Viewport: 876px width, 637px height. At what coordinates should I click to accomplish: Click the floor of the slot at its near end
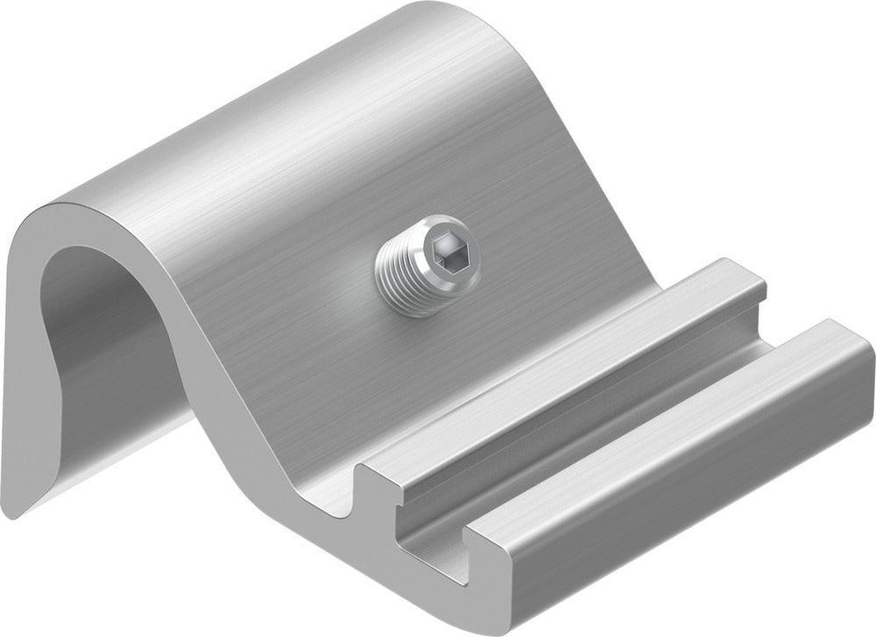pos(438,543)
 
